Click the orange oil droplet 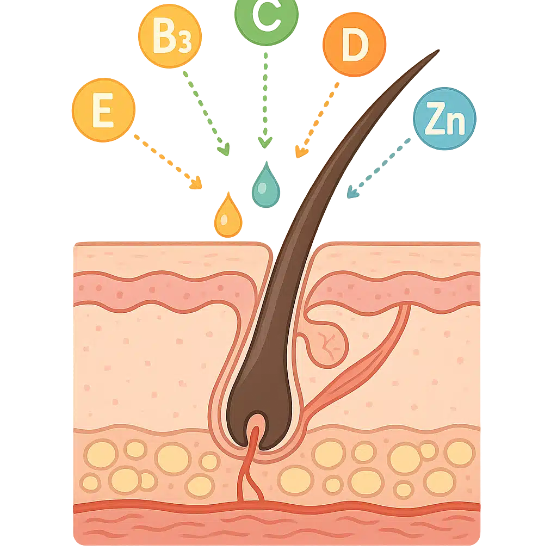pyautogui.click(x=227, y=216)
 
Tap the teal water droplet pyautogui.click(x=265, y=185)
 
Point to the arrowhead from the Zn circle pyautogui.click(x=352, y=192)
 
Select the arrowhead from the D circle pyautogui.click(x=300, y=152)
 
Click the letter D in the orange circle pyautogui.click(x=354, y=47)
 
